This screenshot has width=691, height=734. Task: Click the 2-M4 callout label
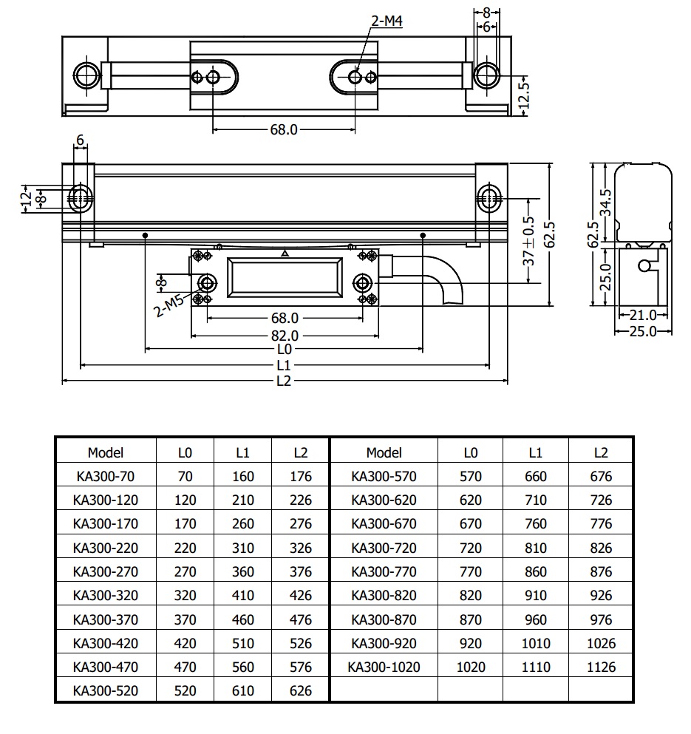pyautogui.click(x=386, y=22)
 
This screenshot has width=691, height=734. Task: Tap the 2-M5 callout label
pyautogui.click(x=169, y=304)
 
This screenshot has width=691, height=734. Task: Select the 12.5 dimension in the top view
pyautogui.click(x=525, y=93)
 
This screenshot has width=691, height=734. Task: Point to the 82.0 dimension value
pyautogui.click(x=285, y=333)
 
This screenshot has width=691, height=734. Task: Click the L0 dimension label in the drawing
pyautogui.click(x=284, y=348)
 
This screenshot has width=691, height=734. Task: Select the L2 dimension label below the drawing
pyautogui.click(x=284, y=381)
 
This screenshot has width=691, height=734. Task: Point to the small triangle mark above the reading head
pyautogui.click(x=285, y=253)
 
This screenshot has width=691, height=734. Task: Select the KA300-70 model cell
pyautogui.click(x=105, y=477)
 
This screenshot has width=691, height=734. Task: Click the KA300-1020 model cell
pyautogui.click(x=384, y=667)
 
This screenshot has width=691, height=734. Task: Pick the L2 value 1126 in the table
pyautogui.click(x=601, y=667)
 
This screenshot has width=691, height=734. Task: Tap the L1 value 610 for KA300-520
pyautogui.click(x=243, y=691)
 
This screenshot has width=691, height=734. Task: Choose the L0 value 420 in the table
pyautogui.click(x=185, y=643)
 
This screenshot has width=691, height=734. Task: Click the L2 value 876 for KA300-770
pyautogui.click(x=601, y=571)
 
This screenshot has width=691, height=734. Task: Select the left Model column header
pyautogui.click(x=105, y=452)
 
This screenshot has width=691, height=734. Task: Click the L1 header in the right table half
pyautogui.click(x=536, y=452)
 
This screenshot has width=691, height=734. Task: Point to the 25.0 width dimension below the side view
pyautogui.click(x=642, y=331)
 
